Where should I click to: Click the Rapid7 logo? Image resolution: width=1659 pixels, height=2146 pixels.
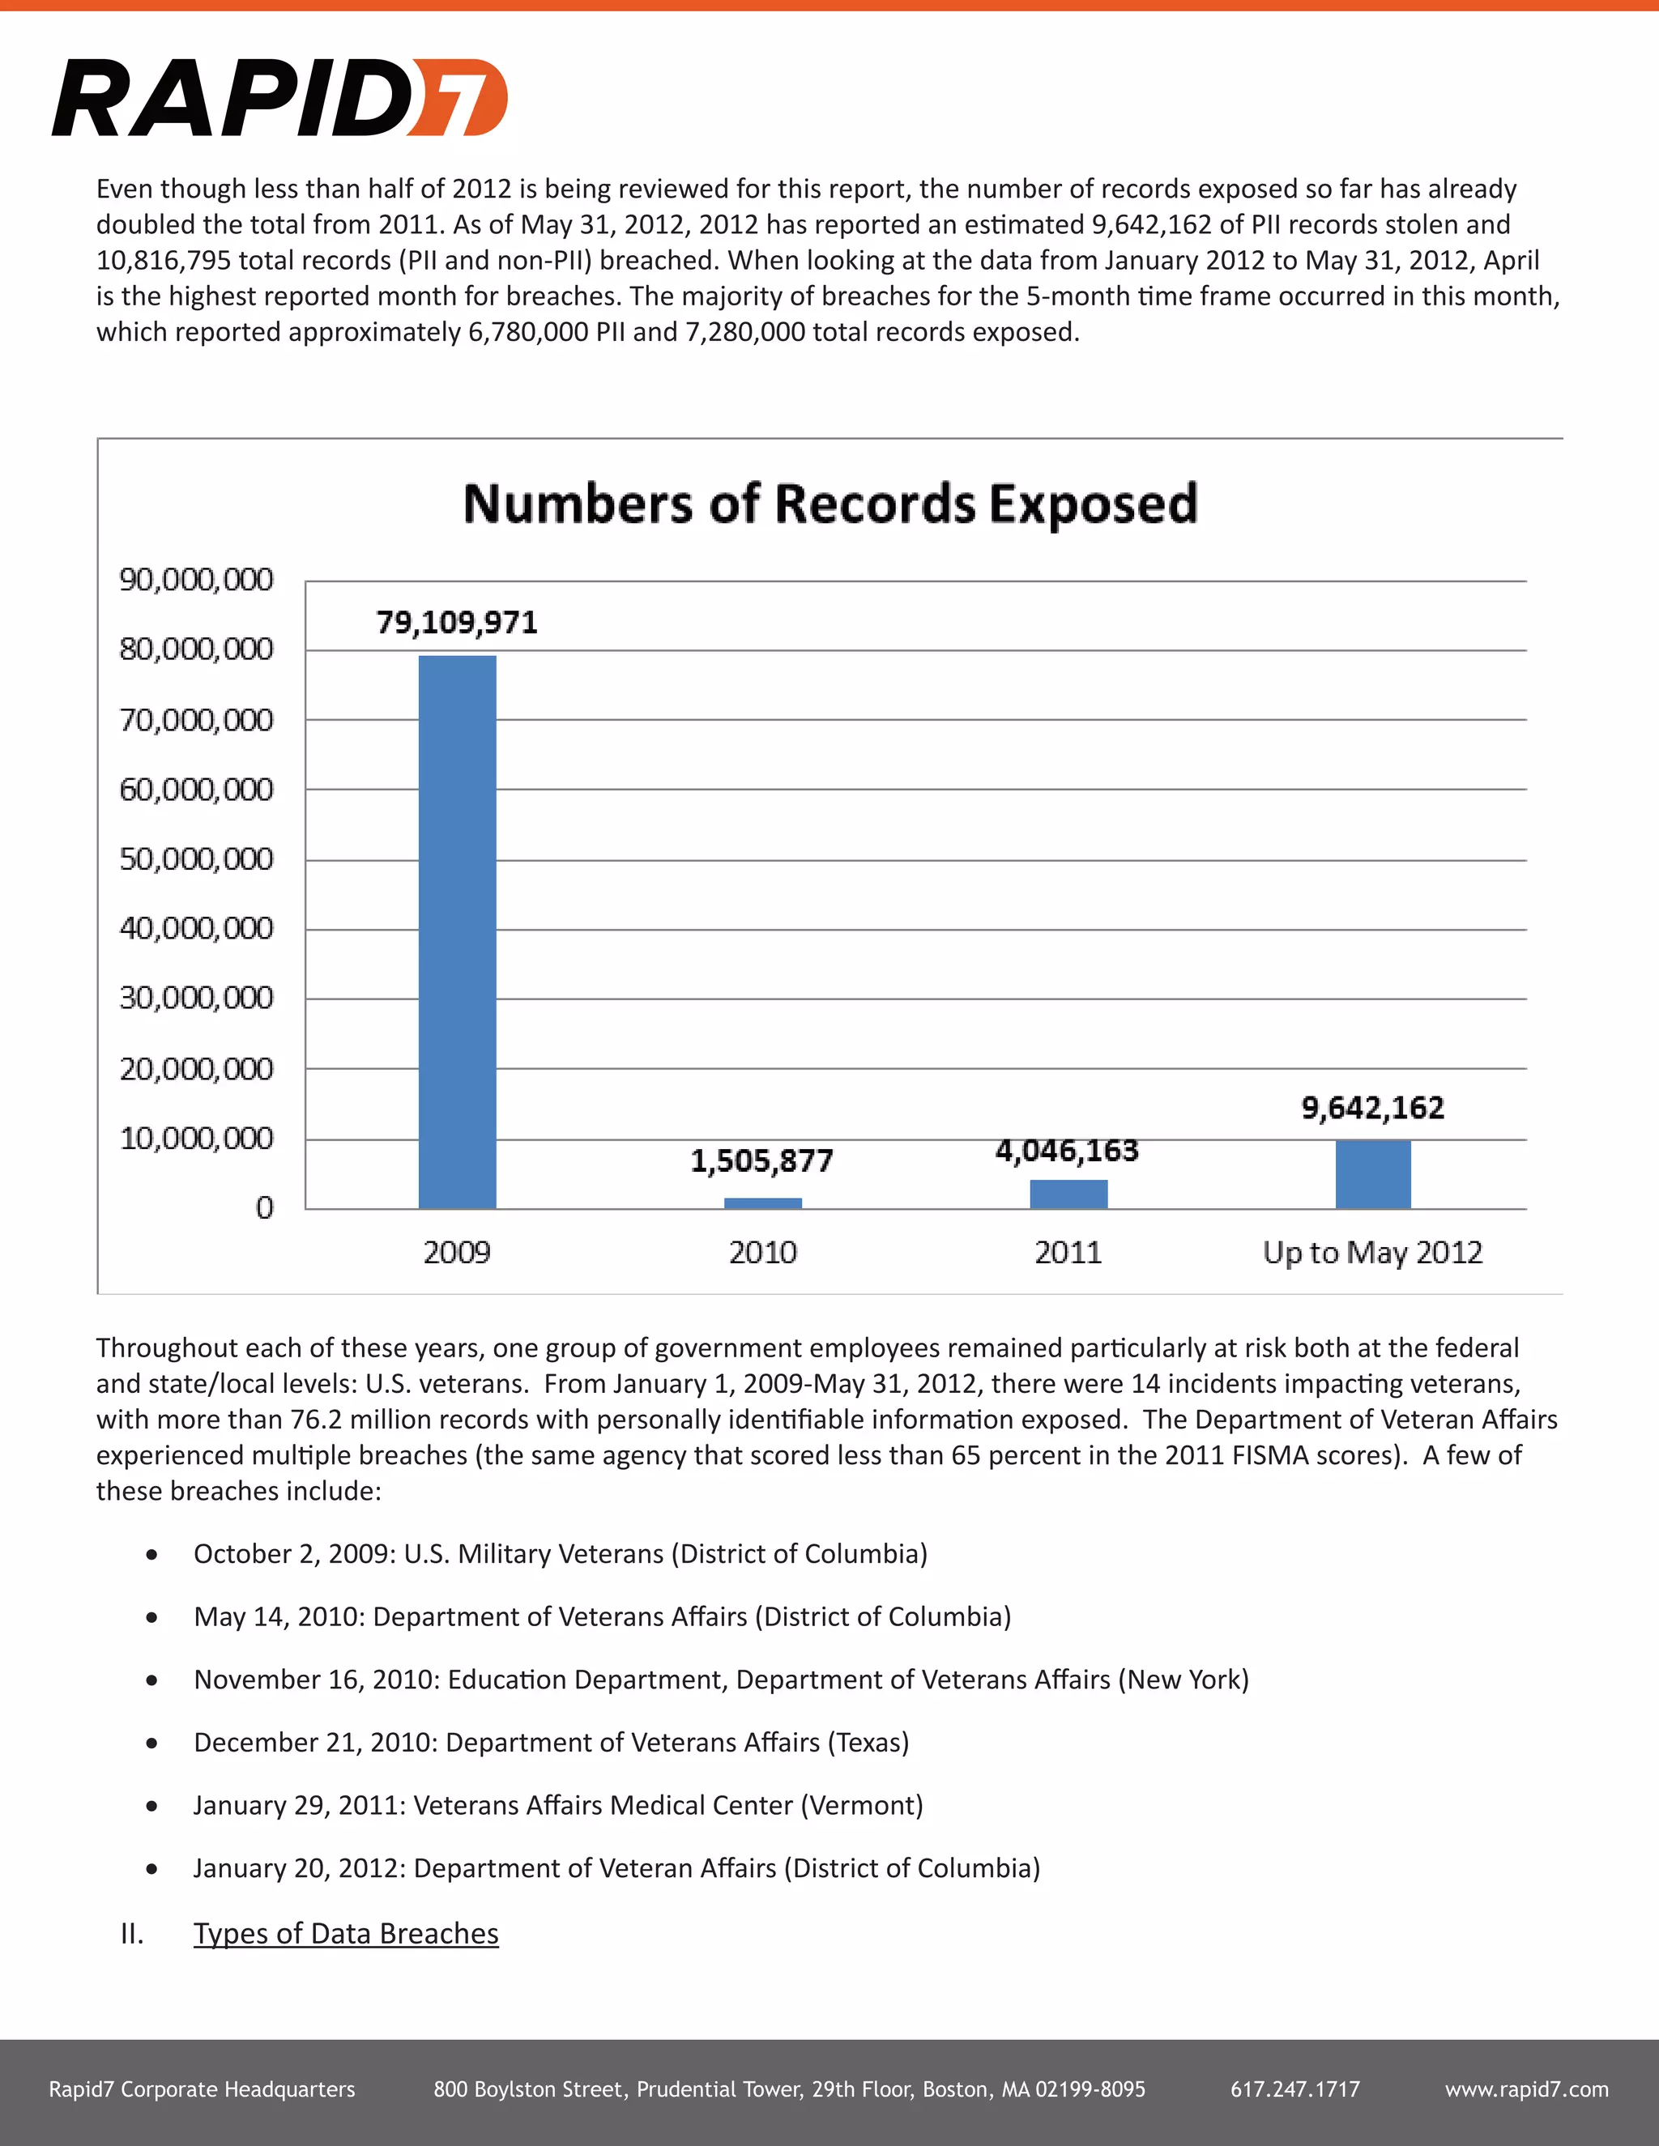pyautogui.click(x=280, y=97)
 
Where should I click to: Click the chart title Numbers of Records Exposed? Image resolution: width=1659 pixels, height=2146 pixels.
pyautogui.click(x=830, y=503)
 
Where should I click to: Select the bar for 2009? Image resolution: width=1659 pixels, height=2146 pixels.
pyautogui.click(x=457, y=931)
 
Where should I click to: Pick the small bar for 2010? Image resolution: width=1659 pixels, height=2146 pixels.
pyautogui.click(x=762, y=1203)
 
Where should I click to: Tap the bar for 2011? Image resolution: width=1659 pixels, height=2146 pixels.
pyautogui.click(x=1068, y=1194)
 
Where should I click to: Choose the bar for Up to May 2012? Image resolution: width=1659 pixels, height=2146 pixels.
pyautogui.click(x=1373, y=1174)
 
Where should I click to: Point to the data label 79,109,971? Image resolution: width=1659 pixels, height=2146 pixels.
pyautogui.click(x=457, y=622)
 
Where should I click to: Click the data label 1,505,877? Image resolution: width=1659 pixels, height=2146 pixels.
pyautogui.click(x=761, y=1161)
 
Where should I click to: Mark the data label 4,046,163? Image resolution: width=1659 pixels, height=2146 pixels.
pyautogui.click(x=1068, y=1151)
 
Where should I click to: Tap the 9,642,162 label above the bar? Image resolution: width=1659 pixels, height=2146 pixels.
pyautogui.click(x=1373, y=1109)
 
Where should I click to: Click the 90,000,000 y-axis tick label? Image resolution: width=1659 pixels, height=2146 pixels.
pyautogui.click(x=197, y=580)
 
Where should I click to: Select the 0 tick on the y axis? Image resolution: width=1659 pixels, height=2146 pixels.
pyautogui.click(x=264, y=1207)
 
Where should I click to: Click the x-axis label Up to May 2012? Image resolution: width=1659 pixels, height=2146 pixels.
pyautogui.click(x=1373, y=1253)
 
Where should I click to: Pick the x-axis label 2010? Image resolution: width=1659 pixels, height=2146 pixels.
pyautogui.click(x=762, y=1253)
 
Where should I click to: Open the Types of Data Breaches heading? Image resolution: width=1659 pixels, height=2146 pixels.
pyautogui.click(x=346, y=1934)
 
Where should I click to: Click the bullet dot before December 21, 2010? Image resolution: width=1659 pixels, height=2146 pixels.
pyautogui.click(x=151, y=1744)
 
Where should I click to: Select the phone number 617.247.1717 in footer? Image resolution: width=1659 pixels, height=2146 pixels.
pyautogui.click(x=1295, y=2089)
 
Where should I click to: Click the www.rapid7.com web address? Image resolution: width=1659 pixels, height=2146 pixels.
pyautogui.click(x=1526, y=2089)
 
